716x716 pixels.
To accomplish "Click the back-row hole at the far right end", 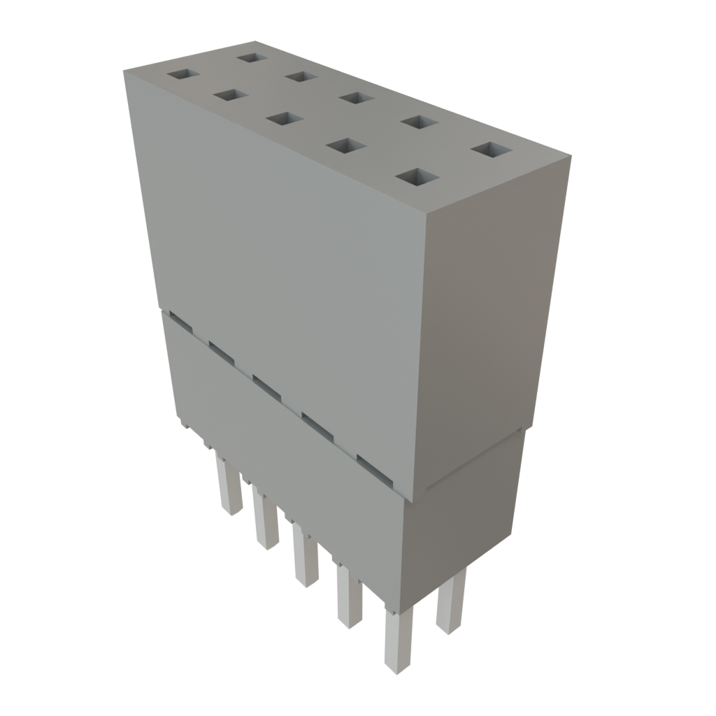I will [492, 150].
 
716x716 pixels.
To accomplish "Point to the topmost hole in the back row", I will [251, 57].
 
